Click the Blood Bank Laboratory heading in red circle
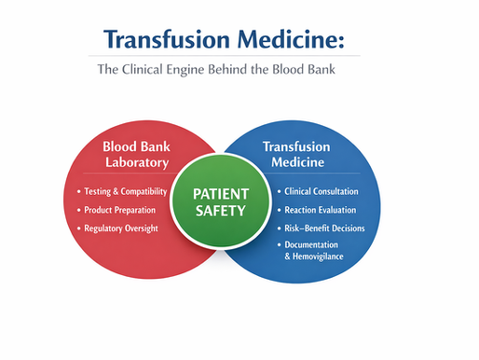coord(136,155)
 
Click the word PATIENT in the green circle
coord(220,193)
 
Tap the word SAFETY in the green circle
coord(220,211)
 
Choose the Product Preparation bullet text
coord(126,209)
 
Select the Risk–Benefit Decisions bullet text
coord(325,228)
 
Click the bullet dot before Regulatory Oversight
coord(78,228)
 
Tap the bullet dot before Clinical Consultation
coord(280,191)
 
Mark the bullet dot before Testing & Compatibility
coord(78,191)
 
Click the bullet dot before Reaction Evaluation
coord(280,210)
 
